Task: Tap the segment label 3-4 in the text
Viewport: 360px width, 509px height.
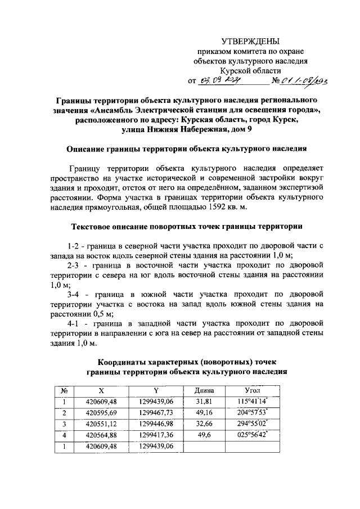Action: (75, 294)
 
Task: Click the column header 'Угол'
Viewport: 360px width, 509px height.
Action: (253, 390)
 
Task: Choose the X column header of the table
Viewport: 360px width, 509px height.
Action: (101, 390)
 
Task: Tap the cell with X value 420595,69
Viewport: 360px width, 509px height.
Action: (101, 412)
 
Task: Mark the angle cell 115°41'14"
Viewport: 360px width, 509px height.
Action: (253, 401)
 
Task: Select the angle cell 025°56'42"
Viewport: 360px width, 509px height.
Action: (253, 435)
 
